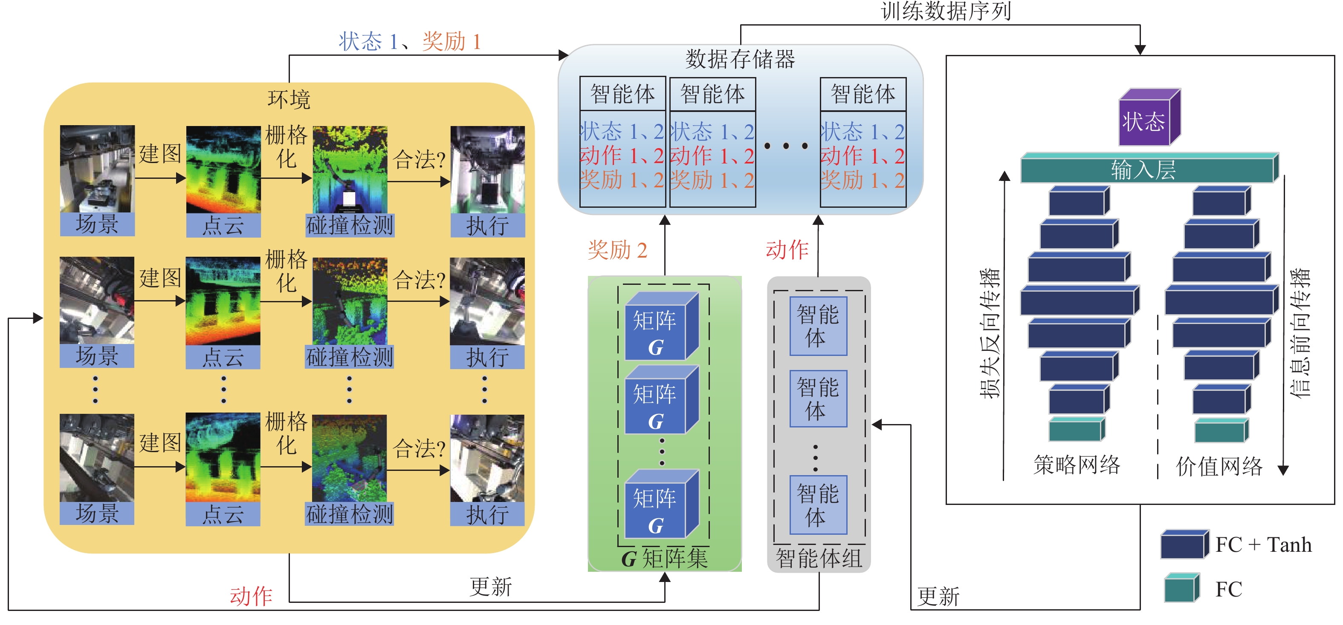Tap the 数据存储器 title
pyautogui.click(x=740, y=59)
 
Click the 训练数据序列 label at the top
pyautogui.click(x=946, y=11)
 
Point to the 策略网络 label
pyautogui.click(x=1077, y=464)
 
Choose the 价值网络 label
pyautogui.click(x=1219, y=466)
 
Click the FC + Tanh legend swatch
pyautogui.click(x=1184, y=545)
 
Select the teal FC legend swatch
pyautogui.click(x=1182, y=588)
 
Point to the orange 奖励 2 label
pyautogui.click(x=617, y=250)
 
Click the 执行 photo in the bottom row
pyautogui.click(x=487, y=459)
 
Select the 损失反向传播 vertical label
pyautogui.click(x=989, y=333)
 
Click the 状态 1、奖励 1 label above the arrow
pyautogui.click(x=410, y=42)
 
